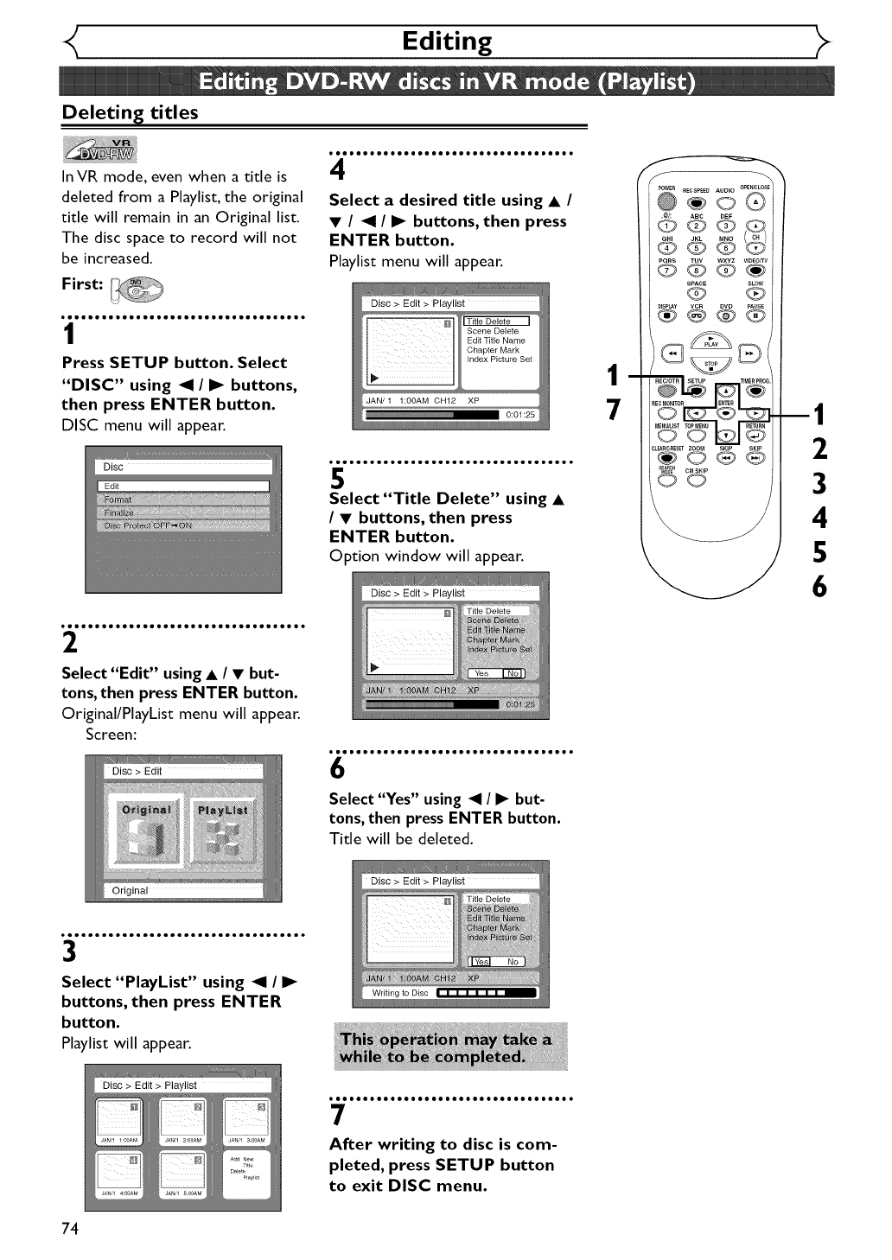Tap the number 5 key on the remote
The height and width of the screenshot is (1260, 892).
click(x=697, y=249)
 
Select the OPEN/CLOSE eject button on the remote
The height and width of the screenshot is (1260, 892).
click(x=755, y=201)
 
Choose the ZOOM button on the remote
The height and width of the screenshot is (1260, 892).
click(x=697, y=458)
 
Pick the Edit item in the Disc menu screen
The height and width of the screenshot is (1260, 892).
click(x=183, y=487)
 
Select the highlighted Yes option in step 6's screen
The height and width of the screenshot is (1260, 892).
click(x=480, y=962)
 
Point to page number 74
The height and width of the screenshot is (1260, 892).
click(x=70, y=1229)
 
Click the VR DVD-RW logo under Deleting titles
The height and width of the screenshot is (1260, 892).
click(x=99, y=150)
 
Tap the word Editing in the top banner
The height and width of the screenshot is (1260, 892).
click(x=447, y=41)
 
